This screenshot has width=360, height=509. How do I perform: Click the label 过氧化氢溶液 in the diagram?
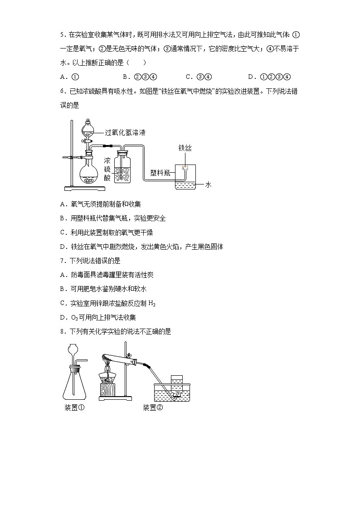coord(125,133)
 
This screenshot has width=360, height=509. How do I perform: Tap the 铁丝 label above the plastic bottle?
coord(185,148)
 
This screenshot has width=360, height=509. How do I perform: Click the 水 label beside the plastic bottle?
coord(209,184)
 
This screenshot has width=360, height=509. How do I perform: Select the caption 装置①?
coord(75,407)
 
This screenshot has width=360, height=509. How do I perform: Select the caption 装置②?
coord(152,407)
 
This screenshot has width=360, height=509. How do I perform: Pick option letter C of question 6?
coord(63,233)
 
